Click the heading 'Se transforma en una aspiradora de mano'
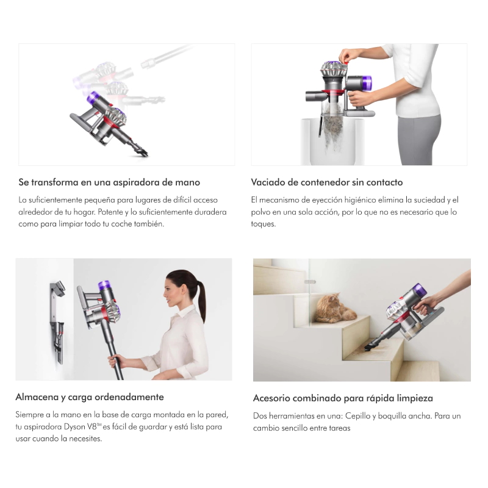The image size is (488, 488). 109,182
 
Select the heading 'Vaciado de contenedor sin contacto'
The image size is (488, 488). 327,182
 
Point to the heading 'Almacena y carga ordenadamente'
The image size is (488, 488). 90,397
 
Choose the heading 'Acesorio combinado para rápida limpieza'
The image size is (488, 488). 343,398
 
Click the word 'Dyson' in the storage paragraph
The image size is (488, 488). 74,426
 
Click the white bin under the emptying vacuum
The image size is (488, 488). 332,142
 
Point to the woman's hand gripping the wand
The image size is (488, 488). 115,361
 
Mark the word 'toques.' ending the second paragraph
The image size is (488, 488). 264,224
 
